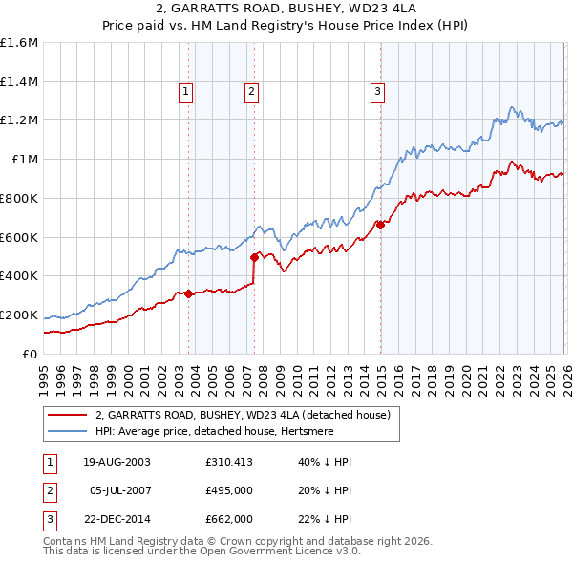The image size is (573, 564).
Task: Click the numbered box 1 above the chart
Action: (185, 92)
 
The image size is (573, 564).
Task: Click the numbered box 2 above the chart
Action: (251, 92)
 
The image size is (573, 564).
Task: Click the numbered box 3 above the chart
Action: (377, 92)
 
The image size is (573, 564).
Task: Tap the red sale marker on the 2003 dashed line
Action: (189, 293)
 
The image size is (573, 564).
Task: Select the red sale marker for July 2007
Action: (255, 257)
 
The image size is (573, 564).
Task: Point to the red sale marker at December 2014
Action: (380, 225)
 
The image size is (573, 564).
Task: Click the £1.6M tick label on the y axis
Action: (19, 43)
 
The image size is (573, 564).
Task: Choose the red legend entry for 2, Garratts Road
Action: (243, 416)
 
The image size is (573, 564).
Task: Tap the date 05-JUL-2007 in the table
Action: (117, 491)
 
